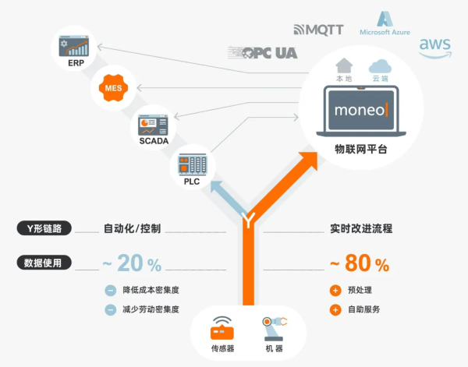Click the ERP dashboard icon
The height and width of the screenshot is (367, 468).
74,46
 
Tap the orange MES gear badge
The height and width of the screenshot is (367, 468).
113,88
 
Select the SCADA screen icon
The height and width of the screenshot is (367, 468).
153,125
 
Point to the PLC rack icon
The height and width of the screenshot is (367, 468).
193,164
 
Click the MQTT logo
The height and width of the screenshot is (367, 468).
318,30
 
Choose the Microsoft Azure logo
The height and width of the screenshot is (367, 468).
385,23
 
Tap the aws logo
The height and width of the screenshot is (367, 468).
435,48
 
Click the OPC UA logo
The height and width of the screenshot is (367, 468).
263,53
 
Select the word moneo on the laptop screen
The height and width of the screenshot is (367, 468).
360,111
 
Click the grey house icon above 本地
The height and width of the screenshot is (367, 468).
344,65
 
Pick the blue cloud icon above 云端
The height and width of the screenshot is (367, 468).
380,66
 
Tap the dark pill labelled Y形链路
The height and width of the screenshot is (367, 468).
44,228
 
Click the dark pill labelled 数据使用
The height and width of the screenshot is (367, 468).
44,263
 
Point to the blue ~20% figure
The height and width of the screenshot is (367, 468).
132,263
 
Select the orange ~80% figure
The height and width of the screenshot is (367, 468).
360,263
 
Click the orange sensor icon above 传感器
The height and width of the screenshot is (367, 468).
222,328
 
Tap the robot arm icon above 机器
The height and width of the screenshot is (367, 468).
275,329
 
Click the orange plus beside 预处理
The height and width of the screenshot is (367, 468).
335,291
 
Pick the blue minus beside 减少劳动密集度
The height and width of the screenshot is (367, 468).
111,310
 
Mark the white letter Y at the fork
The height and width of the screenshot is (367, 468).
248,221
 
